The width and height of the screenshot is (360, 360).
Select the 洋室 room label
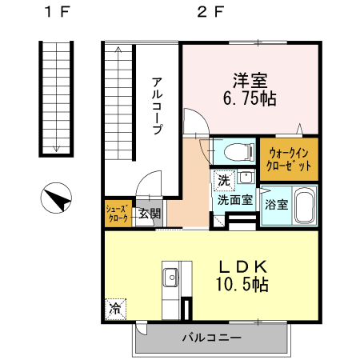click(x=250, y=82)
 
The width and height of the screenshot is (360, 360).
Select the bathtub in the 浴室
click(x=304, y=206)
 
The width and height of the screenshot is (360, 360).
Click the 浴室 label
click(x=276, y=204)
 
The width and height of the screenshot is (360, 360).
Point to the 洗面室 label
click(x=235, y=200)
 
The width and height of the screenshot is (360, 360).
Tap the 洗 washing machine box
click(x=224, y=179)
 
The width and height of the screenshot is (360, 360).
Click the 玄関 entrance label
click(x=149, y=214)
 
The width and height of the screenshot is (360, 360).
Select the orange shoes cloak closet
click(x=117, y=214)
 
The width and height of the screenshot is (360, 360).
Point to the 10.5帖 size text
click(x=240, y=284)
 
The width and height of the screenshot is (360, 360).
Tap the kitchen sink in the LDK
click(x=170, y=278)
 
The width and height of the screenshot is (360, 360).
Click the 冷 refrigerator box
click(x=115, y=307)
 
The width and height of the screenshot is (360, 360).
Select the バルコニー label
click(x=211, y=338)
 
